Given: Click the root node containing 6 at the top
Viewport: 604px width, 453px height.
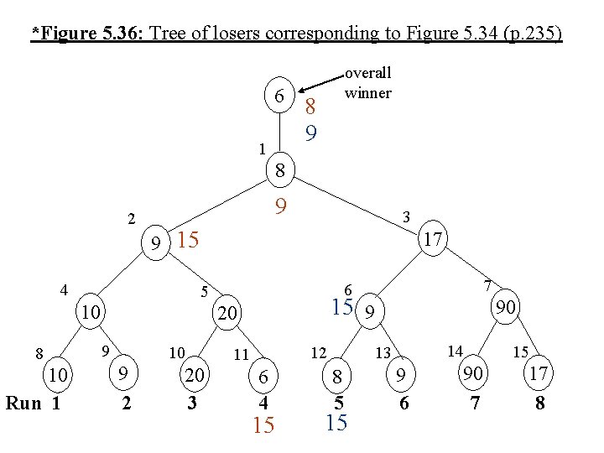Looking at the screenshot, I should pos(279,98).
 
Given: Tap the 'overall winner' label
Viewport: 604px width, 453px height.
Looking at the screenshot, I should pos(367,83).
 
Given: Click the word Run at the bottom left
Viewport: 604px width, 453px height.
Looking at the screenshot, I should pos(23,403).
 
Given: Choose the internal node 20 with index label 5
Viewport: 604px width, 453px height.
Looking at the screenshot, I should pos(226,314).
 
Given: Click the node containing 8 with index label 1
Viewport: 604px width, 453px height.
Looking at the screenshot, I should pos(281,171).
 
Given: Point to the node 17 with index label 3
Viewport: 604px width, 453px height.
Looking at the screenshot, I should pos(433,241).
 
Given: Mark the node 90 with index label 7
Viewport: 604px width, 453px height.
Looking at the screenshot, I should pos(505,309).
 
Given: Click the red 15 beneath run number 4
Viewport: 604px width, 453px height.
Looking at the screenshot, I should pos(263,426).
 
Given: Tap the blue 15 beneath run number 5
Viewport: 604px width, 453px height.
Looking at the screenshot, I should pos(336,423).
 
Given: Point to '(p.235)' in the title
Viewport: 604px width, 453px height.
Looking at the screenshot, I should pos(531,34).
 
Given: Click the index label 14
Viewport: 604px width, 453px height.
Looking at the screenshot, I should pos(455,349).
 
